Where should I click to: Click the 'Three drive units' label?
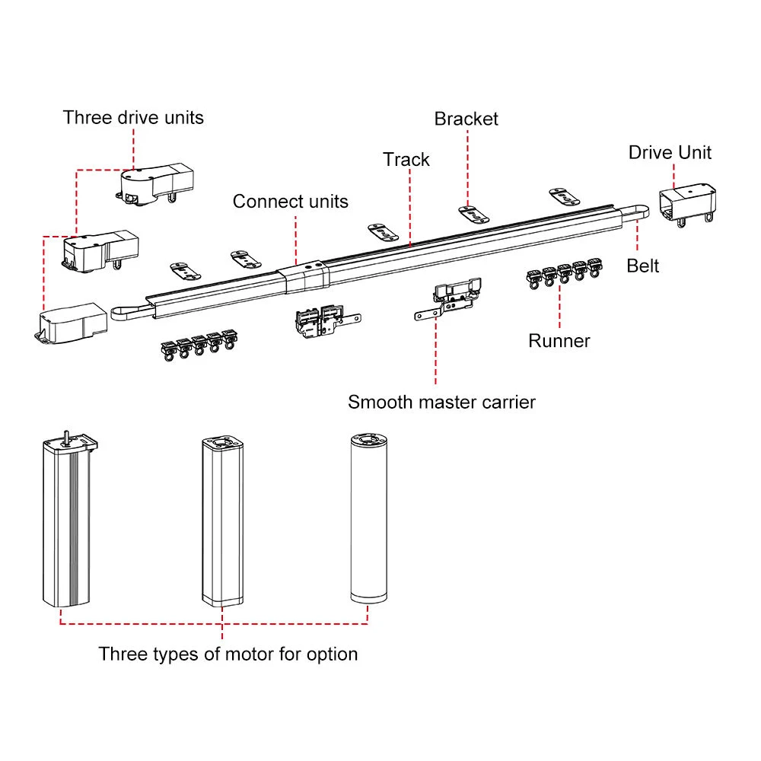tap(133, 117)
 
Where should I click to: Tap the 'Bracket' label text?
tap(466, 119)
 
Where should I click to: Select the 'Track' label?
tap(406, 160)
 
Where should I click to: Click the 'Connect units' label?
tap(290, 202)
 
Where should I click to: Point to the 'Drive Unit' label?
tap(670, 152)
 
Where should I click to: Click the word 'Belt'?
tap(642, 266)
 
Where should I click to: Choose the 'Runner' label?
tap(559, 341)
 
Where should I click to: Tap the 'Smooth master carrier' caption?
tap(441, 402)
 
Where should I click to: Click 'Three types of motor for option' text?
tap(228, 654)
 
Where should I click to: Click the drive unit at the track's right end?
tap(686, 203)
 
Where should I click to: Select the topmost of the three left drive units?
tap(156, 183)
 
